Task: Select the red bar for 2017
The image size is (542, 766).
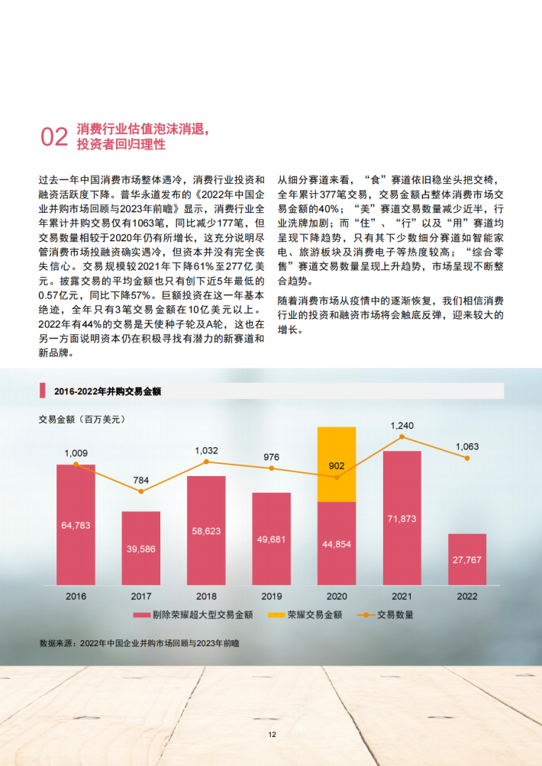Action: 141,545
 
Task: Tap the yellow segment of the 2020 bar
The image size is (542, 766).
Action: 337,464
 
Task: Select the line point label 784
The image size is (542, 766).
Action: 141,480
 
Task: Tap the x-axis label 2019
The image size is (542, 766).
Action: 272,597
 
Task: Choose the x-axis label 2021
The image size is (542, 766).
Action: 402,597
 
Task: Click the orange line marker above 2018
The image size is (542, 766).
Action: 206,462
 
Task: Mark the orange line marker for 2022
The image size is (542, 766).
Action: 467,458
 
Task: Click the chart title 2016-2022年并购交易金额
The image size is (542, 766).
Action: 108,391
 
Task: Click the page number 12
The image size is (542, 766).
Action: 271,735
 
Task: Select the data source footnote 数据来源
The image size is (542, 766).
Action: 139,643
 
